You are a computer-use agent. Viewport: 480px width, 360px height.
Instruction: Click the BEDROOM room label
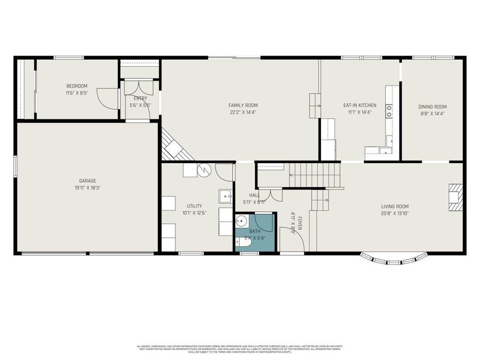tap(77, 86)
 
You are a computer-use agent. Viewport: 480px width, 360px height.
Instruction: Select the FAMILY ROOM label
tap(243, 105)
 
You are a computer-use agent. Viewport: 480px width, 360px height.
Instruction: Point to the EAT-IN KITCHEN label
tap(359, 105)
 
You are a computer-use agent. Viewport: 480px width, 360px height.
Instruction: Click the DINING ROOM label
tap(433, 106)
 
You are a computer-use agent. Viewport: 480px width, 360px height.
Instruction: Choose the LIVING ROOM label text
tap(395, 206)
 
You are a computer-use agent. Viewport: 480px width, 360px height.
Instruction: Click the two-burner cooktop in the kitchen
tap(389, 111)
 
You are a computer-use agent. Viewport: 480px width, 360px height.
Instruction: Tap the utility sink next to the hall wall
tap(225, 196)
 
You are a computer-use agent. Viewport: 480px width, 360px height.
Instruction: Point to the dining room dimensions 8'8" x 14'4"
tap(433, 113)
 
